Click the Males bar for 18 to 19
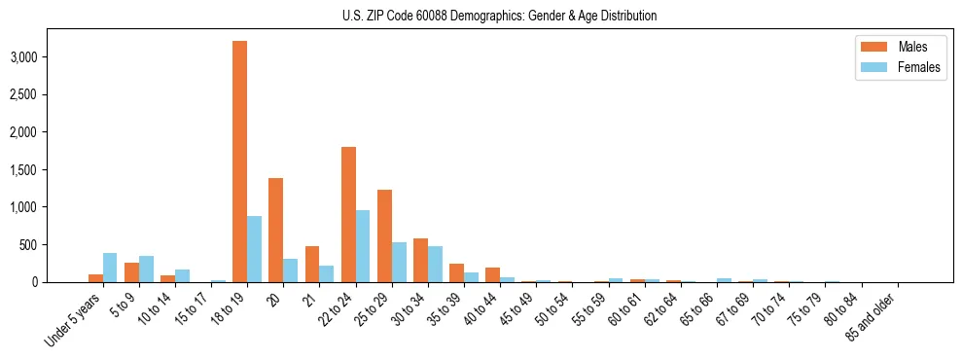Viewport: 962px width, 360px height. pyautogui.click(x=239, y=162)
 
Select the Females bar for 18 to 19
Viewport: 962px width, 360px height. pyautogui.click(x=254, y=249)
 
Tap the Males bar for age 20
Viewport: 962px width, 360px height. pyautogui.click(x=275, y=230)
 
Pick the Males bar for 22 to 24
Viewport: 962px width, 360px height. pyautogui.click(x=348, y=214)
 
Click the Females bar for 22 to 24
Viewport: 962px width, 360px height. pyautogui.click(x=363, y=246)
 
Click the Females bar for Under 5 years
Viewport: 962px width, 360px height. pyautogui.click(x=110, y=268)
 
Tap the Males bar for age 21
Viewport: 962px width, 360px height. pyautogui.click(x=311, y=264)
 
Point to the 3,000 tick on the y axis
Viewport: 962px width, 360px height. pyautogui.click(x=22, y=57)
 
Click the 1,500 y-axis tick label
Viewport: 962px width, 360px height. pyautogui.click(x=22, y=170)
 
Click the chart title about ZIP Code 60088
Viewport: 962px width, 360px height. pyautogui.click(x=500, y=16)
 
